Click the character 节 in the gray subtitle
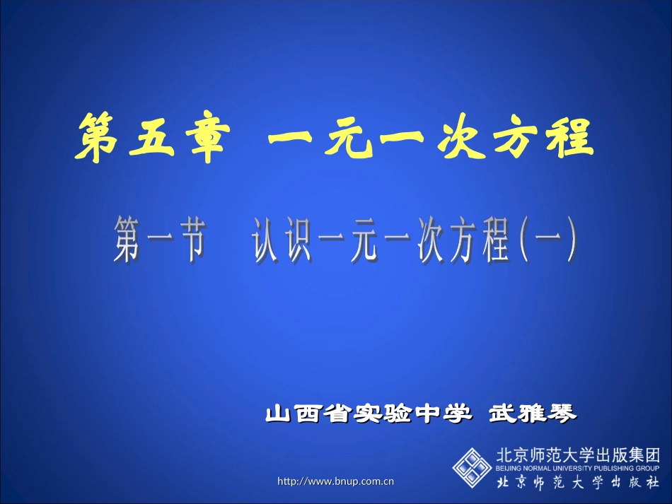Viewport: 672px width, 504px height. click(190, 241)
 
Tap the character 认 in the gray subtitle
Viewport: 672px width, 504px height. click(268, 241)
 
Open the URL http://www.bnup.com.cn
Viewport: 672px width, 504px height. click(335, 481)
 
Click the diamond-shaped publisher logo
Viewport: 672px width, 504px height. click(472, 467)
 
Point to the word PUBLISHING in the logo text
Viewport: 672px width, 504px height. click(615, 468)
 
